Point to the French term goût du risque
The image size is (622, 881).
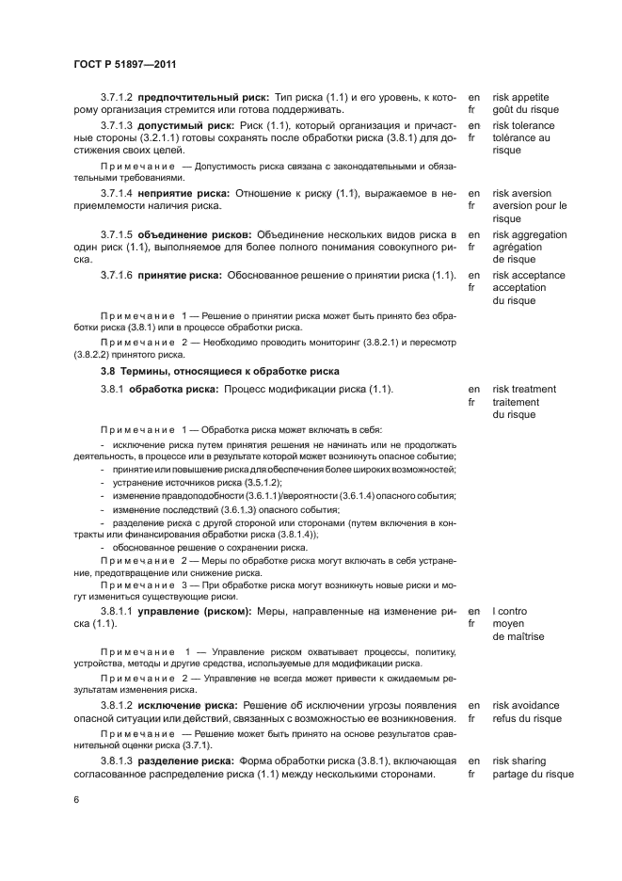(525, 109)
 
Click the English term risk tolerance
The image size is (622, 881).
(525, 125)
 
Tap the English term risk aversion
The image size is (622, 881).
(523, 193)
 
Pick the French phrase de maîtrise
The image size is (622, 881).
(518, 636)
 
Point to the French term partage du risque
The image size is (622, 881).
(533, 774)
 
